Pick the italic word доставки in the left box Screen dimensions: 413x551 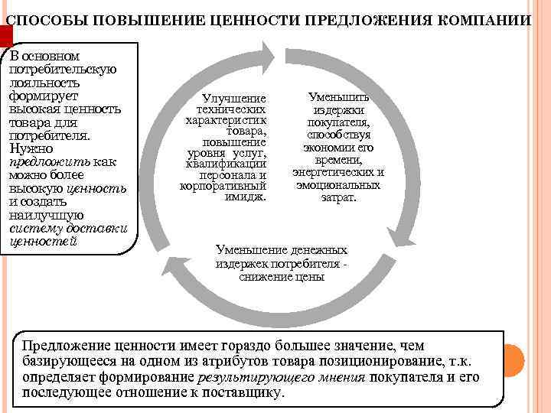click(x=99, y=229)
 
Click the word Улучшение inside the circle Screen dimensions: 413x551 click(x=233, y=99)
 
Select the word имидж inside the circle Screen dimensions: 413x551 click(x=244, y=196)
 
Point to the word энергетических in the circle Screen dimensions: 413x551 click(x=338, y=173)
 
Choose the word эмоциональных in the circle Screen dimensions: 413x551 click(x=338, y=184)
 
